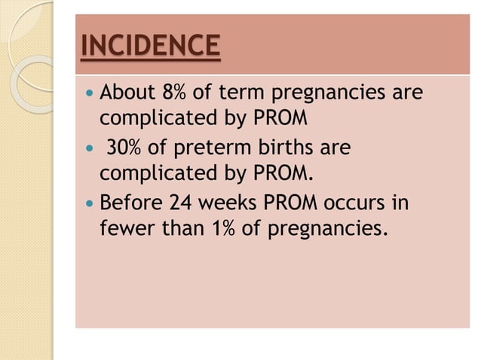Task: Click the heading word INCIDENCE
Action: (x=150, y=47)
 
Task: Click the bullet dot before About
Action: (x=90, y=96)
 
